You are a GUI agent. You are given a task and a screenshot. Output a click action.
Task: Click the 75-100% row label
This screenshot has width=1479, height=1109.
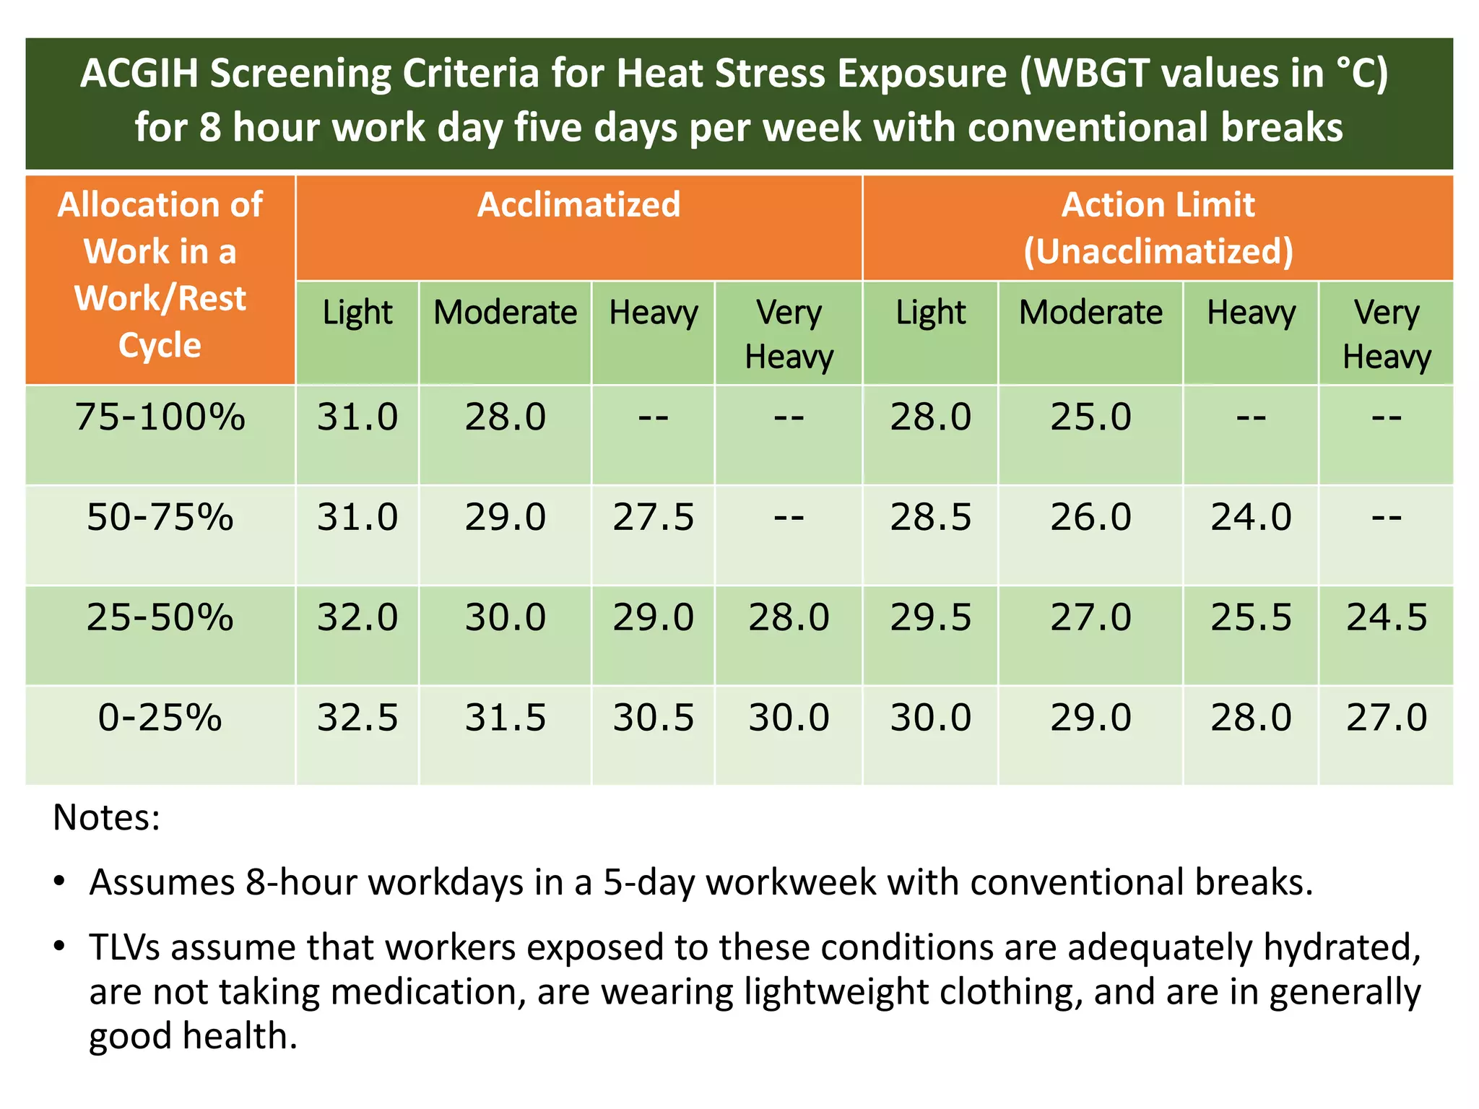tap(160, 417)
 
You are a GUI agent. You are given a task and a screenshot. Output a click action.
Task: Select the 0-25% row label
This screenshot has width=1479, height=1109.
tap(160, 718)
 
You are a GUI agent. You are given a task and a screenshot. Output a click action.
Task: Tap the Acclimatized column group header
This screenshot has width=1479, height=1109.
tap(578, 205)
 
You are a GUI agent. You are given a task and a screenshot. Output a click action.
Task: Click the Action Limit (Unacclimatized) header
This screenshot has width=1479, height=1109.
tap(1158, 227)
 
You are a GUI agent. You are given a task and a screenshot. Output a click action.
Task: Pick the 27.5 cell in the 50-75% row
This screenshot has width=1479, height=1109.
tap(653, 518)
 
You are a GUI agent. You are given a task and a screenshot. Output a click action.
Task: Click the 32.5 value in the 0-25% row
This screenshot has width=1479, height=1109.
tap(357, 718)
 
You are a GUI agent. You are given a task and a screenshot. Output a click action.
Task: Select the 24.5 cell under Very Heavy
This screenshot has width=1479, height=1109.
tap(1386, 618)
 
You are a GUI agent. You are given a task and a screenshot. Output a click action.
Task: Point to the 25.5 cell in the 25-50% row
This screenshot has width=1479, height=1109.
tap(1251, 618)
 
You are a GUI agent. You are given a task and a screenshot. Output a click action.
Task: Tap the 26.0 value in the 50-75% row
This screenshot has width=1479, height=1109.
tap(1090, 518)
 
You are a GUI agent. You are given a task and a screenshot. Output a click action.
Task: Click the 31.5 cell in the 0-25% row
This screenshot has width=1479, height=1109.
tap(505, 718)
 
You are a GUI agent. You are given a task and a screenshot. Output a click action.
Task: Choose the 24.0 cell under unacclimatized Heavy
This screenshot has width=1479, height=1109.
tap(1251, 518)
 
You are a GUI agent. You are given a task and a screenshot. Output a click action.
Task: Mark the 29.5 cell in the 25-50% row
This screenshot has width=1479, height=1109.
tap(930, 618)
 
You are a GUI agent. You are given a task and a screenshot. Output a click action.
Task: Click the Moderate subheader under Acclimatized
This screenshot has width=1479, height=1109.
tap(505, 313)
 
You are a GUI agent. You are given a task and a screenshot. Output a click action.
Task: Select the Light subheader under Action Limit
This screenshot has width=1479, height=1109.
tap(930, 313)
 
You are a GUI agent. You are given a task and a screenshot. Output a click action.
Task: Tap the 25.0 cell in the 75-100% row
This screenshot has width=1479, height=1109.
tap(1090, 417)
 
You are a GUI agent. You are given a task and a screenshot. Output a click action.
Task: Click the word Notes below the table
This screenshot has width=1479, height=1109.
tap(106, 818)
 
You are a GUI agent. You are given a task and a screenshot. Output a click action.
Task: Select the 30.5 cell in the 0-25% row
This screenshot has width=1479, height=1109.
tap(653, 718)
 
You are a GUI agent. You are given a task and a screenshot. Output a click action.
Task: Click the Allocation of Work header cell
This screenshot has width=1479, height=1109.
tap(160, 275)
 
